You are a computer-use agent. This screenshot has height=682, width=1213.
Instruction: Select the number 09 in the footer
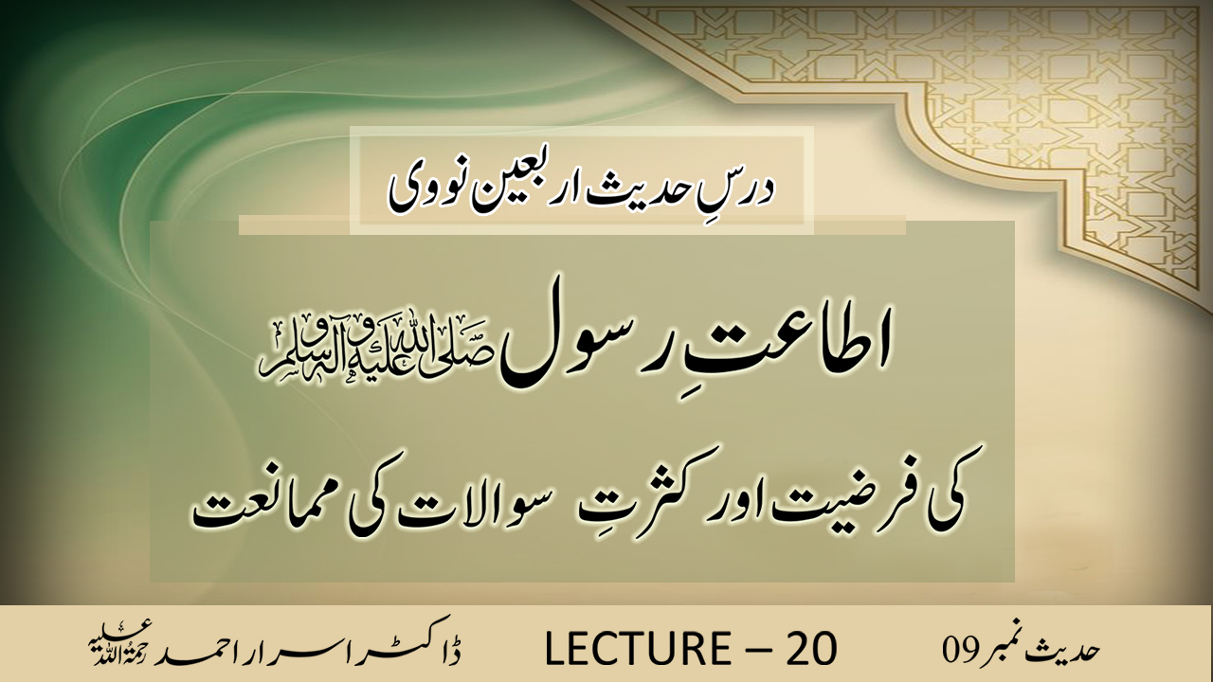coord(960,650)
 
